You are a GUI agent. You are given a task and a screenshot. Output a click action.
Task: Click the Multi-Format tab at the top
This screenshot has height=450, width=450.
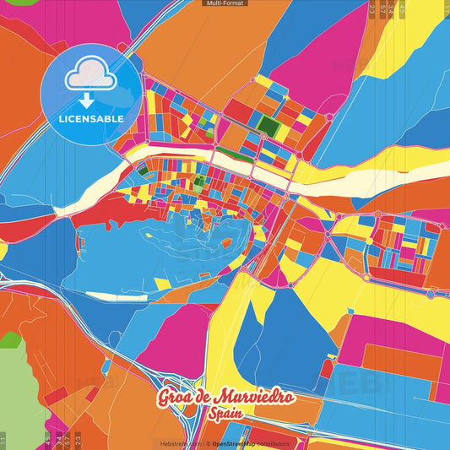[225, 3]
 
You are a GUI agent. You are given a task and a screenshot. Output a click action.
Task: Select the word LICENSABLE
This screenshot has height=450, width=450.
[91, 119]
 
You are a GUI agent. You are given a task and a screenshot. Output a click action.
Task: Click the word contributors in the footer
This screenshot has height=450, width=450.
[273, 443]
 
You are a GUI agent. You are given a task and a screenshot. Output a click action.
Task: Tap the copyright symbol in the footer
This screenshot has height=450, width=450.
[208, 443]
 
